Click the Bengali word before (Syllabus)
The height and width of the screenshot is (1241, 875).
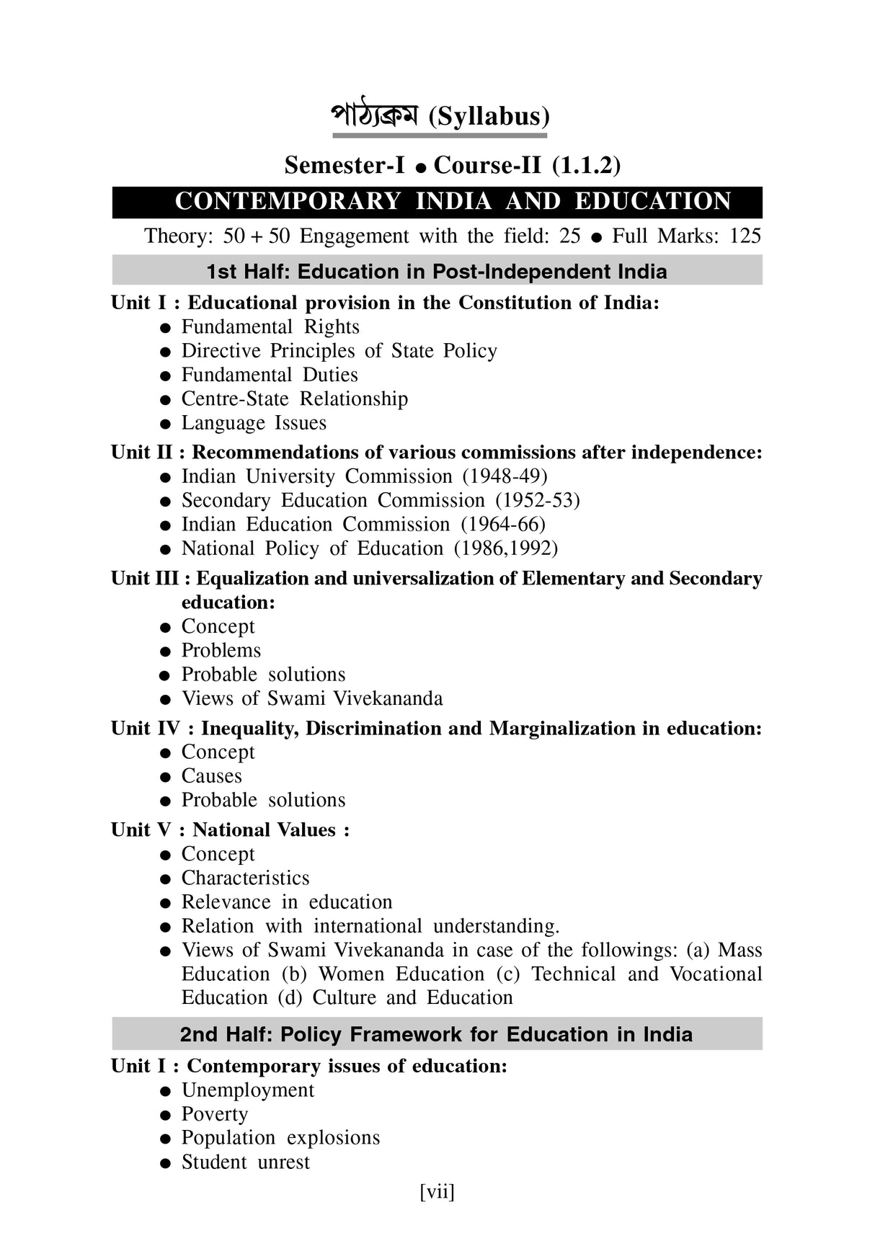(374, 116)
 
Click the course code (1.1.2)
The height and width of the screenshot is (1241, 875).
(586, 166)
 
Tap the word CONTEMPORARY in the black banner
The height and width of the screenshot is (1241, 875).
(288, 202)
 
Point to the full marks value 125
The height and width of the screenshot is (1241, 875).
(745, 236)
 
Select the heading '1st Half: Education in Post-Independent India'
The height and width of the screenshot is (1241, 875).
(437, 272)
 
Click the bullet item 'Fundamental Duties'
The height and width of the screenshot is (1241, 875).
(269, 375)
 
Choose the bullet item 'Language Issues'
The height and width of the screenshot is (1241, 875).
(254, 423)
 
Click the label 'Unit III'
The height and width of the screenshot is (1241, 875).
(144, 579)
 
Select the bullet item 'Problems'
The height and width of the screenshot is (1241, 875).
(221, 650)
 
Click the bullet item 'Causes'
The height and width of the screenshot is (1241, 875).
(211, 776)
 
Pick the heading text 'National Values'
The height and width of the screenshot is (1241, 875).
(264, 830)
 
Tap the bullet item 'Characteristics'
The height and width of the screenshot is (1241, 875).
(245, 878)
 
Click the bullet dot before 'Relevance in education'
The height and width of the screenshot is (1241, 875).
(166, 903)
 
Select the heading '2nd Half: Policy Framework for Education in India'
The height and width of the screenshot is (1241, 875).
(436, 1034)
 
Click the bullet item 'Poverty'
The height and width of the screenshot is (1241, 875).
(214, 1114)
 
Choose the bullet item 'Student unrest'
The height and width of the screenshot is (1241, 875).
(245, 1162)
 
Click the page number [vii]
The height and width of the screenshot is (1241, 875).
(437, 1192)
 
